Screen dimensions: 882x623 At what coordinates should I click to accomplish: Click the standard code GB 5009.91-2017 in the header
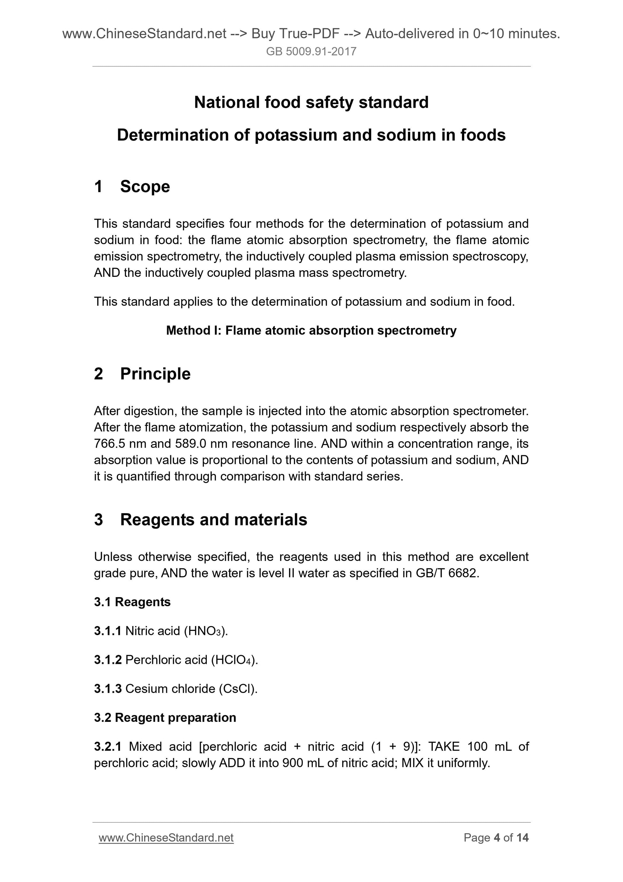click(x=311, y=52)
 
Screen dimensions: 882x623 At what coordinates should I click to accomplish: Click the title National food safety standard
click(x=311, y=102)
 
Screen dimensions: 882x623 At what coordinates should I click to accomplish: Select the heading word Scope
click(x=145, y=187)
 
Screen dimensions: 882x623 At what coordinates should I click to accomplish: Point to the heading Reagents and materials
click(x=214, y=520)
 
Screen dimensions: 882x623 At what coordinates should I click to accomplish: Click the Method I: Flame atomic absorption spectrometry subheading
click(x=311, y=330)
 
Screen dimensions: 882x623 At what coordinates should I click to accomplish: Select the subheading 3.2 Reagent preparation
click(x=165, y=718)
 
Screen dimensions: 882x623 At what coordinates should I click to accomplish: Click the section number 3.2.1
click(x=108, y=746)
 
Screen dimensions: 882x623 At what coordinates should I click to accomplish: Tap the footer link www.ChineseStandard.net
click(x=166, y=838)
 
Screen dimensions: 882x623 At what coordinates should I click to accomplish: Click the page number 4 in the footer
click(x=497, y=838)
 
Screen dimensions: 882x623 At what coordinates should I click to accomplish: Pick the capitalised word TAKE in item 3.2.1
click(x=443, y=746)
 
